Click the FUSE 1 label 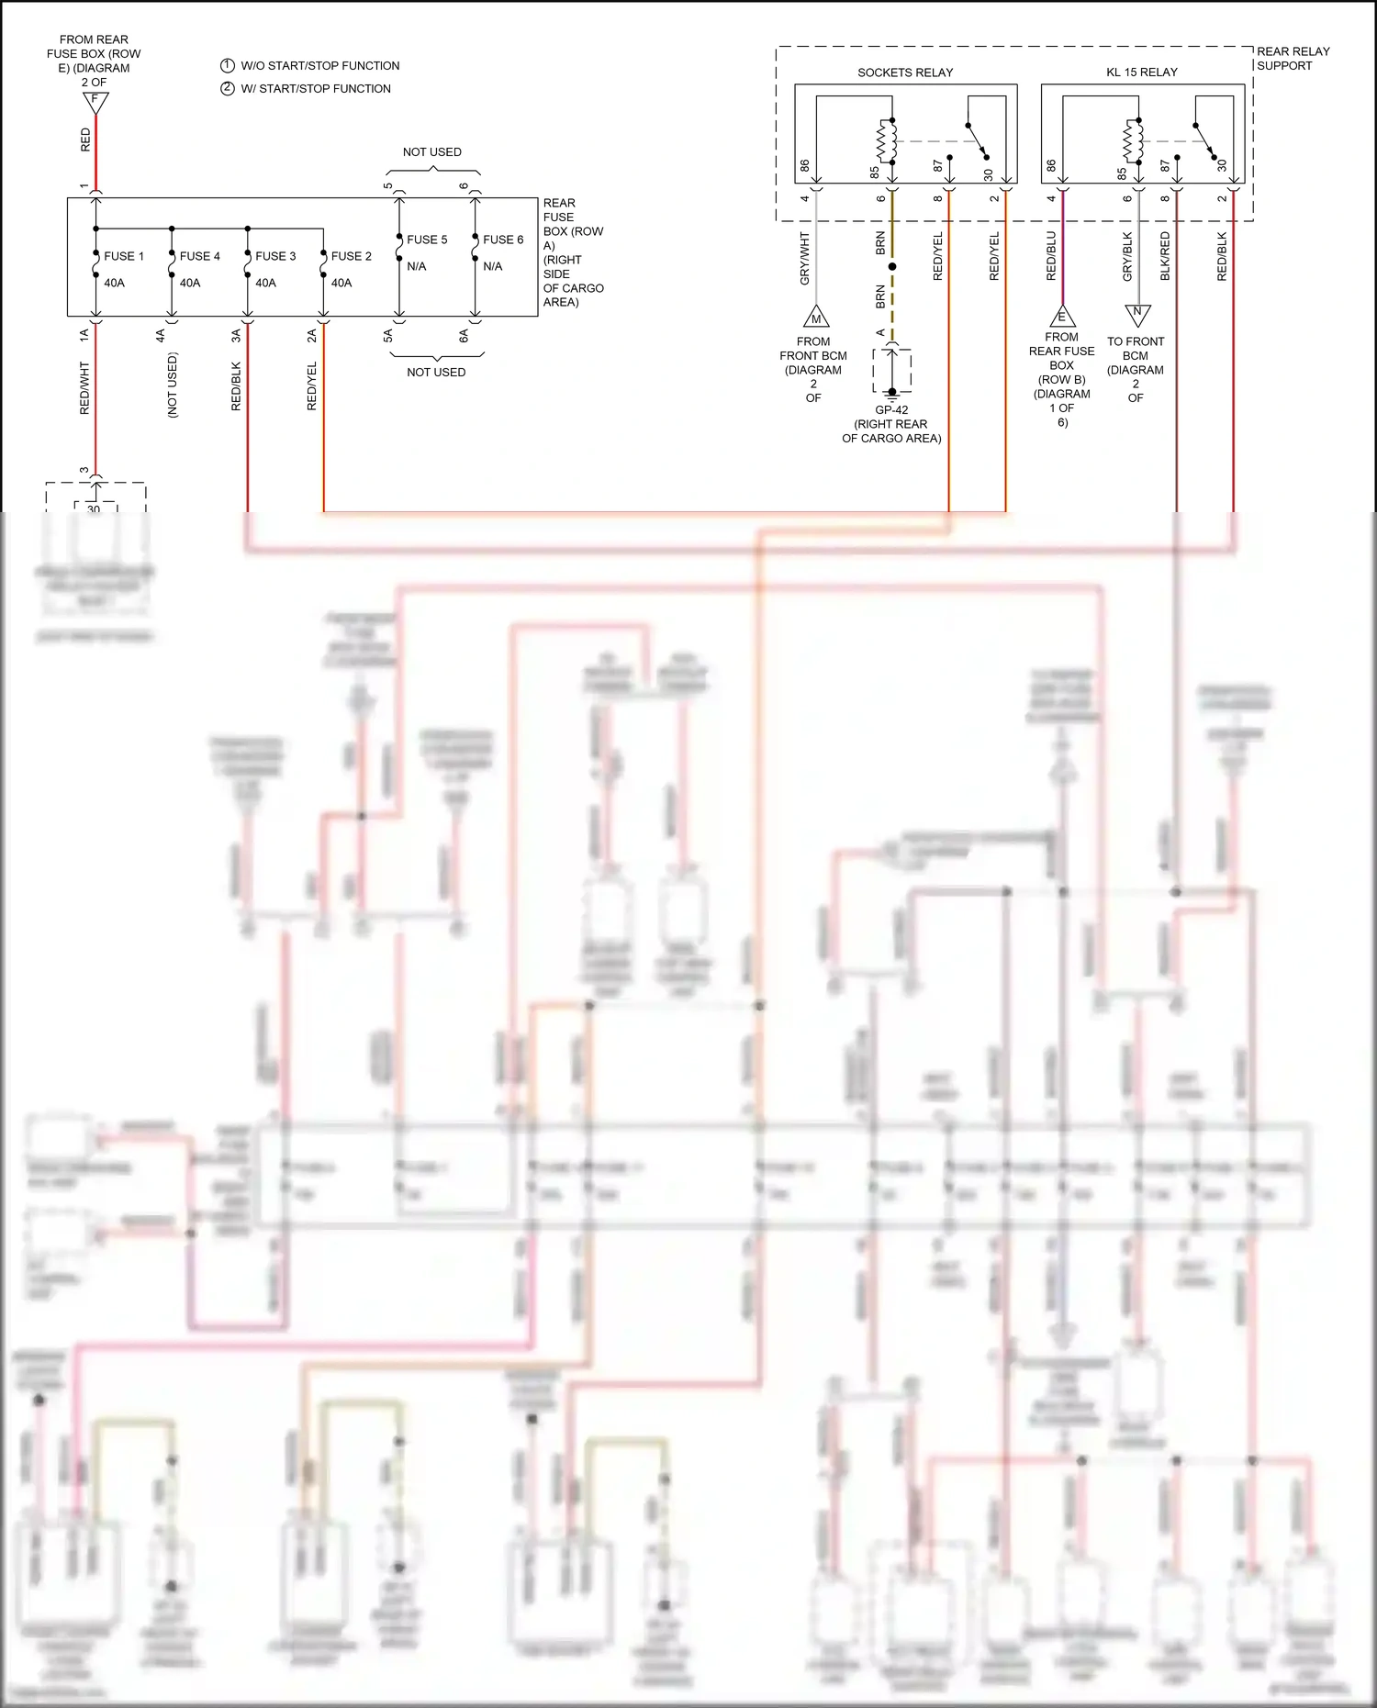coord(124,256)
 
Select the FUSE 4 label coord(199,256)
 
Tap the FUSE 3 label coord(275,256)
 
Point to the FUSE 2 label coord(351,256)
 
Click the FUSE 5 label coord(427,240)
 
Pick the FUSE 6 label coord(503,240)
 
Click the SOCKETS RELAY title coord(904,73)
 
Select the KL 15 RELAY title coord(1141,73)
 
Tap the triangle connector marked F coord(95,102)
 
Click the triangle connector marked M coord(816,318)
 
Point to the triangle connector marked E coord(1062,318)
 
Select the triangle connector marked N coord(1137,314)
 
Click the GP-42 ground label coord(891,410)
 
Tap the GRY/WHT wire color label coord(805,258)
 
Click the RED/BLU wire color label coord(1051,256)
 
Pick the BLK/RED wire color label coord(1165,256)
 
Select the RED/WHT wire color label coord(84,387)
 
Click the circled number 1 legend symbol coord(228,65)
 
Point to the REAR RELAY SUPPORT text coord(1293,59)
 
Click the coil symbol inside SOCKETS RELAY coord(887,141)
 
